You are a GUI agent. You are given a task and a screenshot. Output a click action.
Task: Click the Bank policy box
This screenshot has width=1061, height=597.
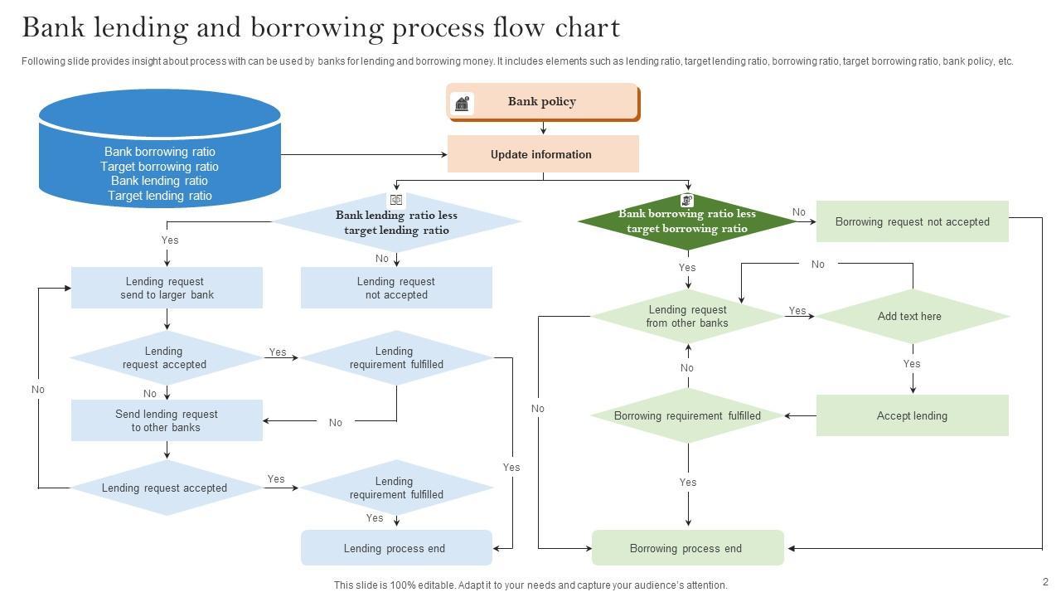point(543,102)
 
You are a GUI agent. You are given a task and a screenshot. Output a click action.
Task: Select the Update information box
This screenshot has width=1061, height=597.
point(543,154)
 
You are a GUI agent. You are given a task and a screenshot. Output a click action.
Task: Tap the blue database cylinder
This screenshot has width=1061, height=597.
point(159,149)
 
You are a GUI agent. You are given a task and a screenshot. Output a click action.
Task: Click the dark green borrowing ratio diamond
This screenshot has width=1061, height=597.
point(687,221)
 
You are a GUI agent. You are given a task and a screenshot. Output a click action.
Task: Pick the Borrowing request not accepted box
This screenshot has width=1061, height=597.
point(912,221)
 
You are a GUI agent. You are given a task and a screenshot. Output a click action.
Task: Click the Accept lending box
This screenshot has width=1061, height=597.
point(912,415)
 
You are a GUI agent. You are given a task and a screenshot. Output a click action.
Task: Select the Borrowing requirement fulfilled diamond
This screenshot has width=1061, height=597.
point(687,415)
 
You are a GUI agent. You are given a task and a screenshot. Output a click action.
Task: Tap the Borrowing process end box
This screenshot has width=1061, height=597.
point(687,548)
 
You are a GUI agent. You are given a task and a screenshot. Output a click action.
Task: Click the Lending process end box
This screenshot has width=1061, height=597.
point(395,548)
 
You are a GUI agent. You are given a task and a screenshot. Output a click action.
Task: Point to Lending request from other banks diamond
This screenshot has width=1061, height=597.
point(687,316)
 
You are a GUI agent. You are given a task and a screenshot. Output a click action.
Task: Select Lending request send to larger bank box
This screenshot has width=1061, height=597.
point(167,288)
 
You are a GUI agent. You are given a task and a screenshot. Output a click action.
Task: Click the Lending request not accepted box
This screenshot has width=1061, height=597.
point(396,288)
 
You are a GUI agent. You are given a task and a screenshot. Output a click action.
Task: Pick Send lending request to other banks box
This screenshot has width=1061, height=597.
point(167,420)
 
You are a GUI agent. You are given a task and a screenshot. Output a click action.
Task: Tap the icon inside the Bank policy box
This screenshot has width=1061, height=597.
point(463,103)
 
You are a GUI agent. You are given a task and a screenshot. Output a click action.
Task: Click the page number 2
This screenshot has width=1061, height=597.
point(1045,582)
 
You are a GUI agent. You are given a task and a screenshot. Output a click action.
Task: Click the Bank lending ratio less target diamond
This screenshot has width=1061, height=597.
point(396,222)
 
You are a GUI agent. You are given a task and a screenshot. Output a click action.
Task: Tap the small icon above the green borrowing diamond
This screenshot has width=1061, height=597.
point(686,200)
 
